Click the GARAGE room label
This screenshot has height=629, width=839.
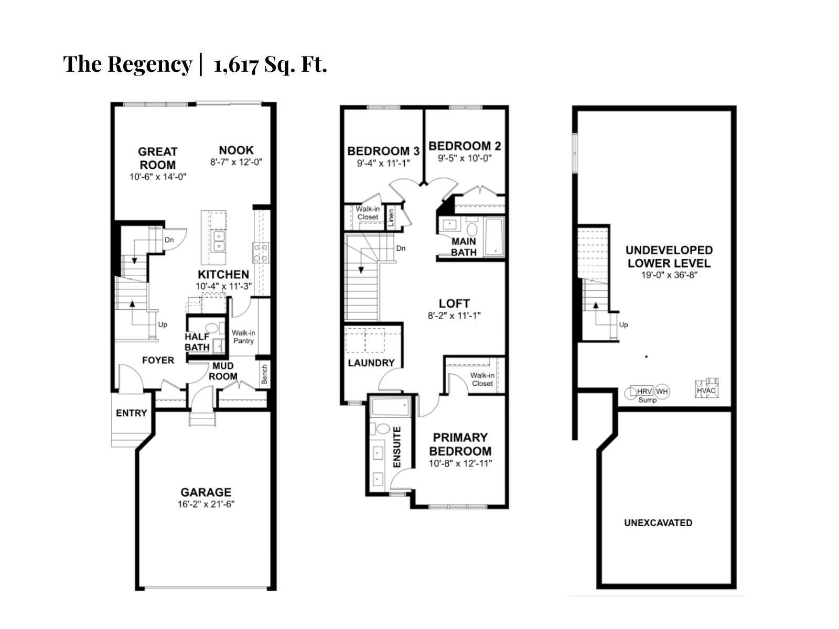(206, 492)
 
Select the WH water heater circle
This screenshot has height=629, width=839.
(662, 392)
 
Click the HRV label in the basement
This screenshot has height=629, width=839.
(644, 392)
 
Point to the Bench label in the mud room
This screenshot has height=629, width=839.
(264, 374)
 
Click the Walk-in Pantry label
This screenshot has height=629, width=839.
(244, 337)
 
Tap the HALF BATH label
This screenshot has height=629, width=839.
(197, 342)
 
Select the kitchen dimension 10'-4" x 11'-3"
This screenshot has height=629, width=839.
(223, 286)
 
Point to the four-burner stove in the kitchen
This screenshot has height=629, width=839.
(261, 252)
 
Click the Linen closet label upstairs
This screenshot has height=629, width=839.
(391, 218)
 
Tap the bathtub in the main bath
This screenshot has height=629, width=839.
(493, 237)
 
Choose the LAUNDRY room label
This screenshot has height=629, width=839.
(371, 363)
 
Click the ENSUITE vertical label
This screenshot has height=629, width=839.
(397, 447)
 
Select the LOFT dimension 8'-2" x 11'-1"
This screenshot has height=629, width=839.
(454, 316)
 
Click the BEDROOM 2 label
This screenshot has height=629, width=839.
(465, 146)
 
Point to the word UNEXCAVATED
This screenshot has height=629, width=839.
(658, 523)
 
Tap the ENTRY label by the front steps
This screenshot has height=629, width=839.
(131, 413)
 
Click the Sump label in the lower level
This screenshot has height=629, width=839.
(647, 400)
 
